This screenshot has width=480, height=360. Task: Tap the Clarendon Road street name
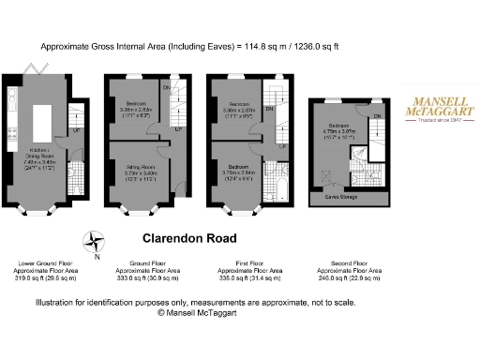189,238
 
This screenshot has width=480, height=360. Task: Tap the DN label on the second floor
377,115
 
